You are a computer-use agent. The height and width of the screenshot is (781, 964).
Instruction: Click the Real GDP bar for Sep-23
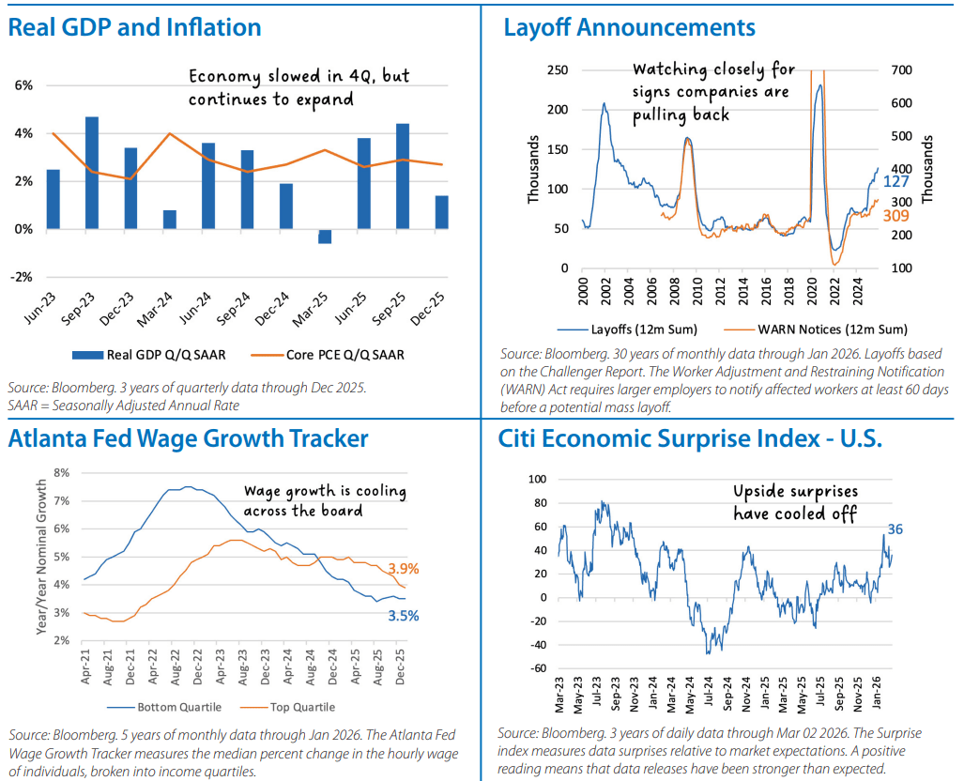click(92, 173)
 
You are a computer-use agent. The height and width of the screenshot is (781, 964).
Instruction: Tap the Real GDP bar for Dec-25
click(441, 212)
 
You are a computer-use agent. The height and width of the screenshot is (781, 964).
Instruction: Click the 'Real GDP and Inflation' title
click(134, 27)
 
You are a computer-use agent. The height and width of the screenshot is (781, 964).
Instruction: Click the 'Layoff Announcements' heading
click(629, 27)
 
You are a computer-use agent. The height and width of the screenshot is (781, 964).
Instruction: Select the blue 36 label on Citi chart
click(895, 529)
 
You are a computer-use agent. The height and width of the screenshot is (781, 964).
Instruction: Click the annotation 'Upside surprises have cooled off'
click(795, 502)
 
